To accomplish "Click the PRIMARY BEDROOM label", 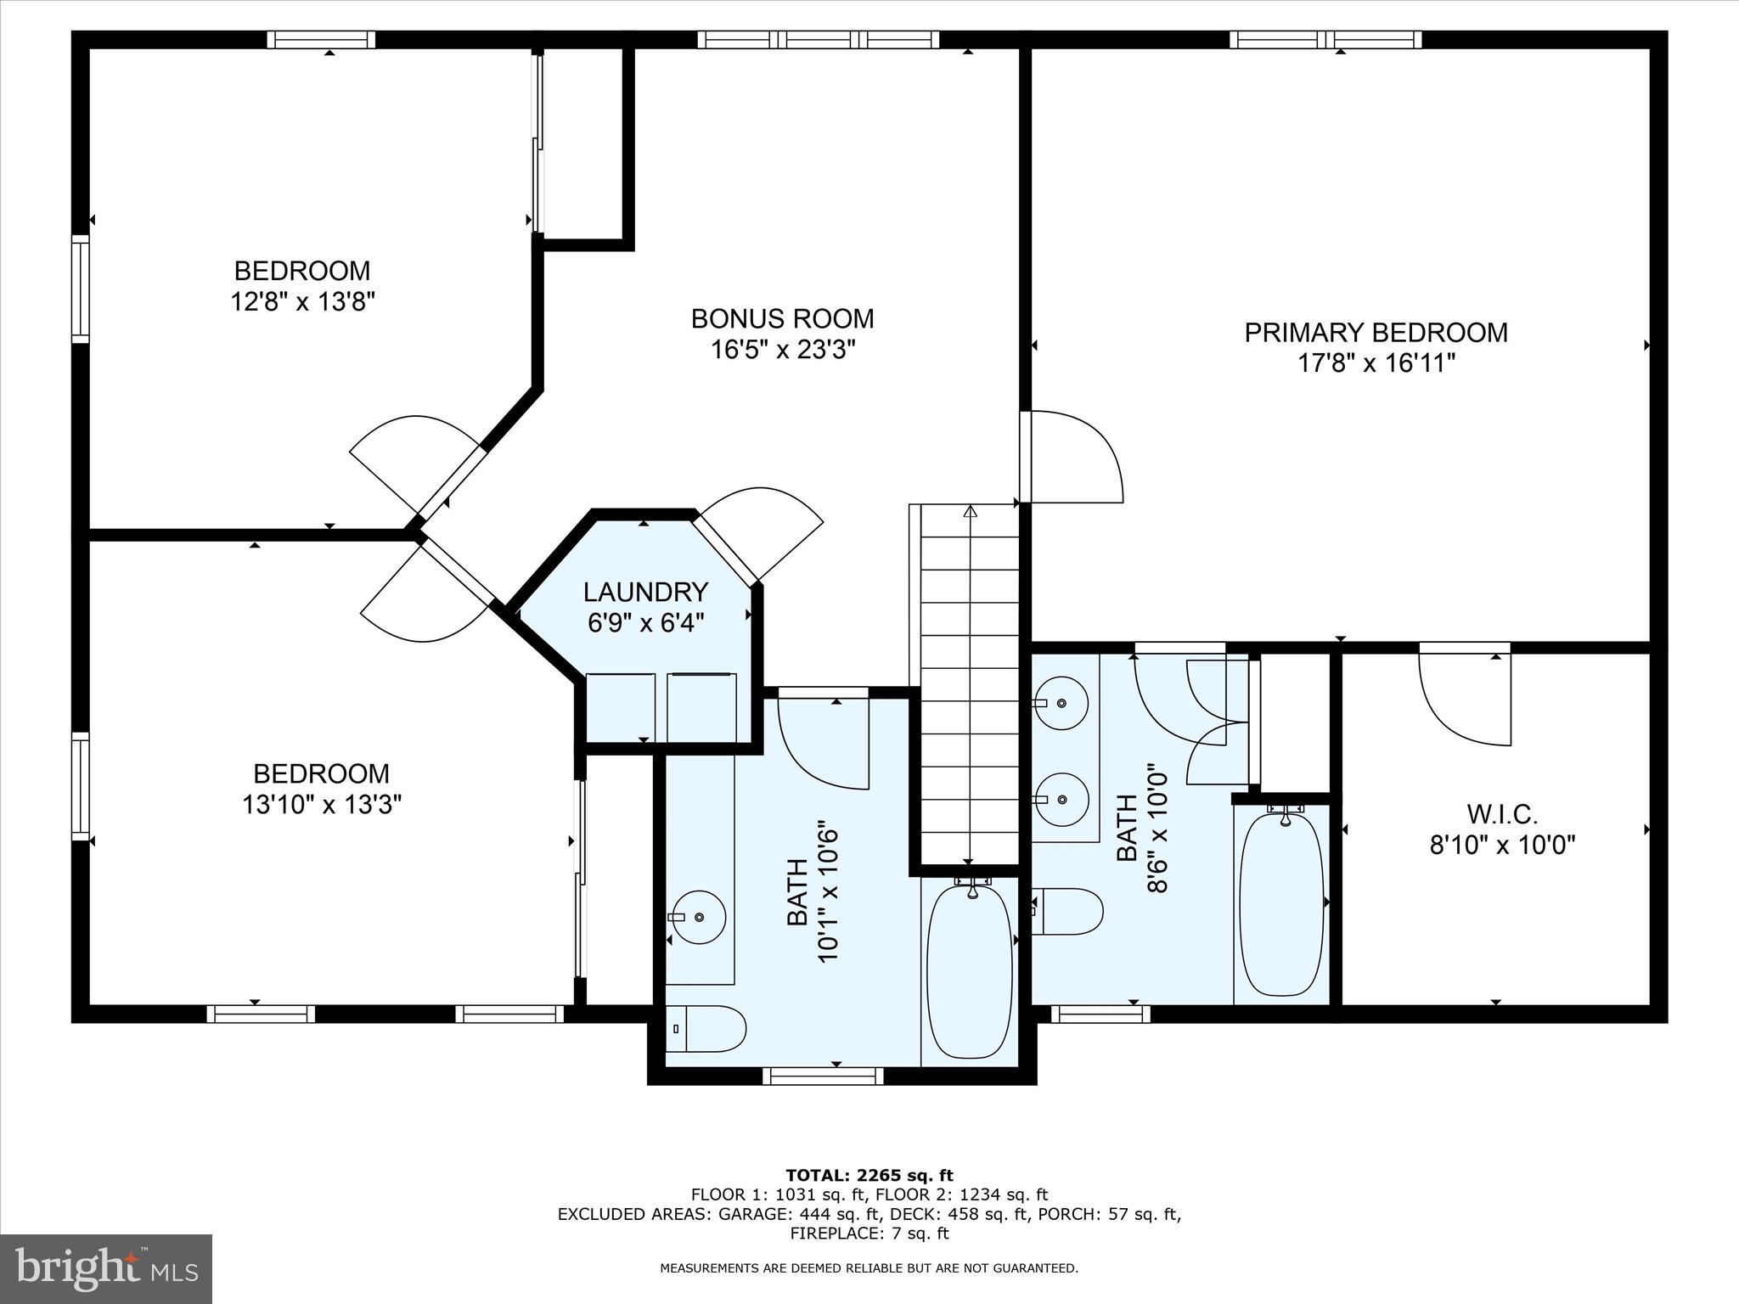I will pyautogui.click(x=1376, y=332).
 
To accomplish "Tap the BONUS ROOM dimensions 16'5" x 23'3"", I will pyautogui.click(x=782, y=350).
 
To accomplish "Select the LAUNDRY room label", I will pyautogui.click(x=645, y=592).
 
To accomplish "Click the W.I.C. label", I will pyautogui.click(x=1502, y=815).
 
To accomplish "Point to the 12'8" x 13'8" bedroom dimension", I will pyautogui.click(x=302, y=301).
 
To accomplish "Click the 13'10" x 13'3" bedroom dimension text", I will pyautogui.click(x=321, y=804).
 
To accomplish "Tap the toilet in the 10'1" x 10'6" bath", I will pyautogui.click(x=705, y=1029).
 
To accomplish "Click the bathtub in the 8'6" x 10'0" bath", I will pyautogui.click(x=1281, y=904).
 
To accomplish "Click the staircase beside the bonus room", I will pyautogui.click(x=970, y=679).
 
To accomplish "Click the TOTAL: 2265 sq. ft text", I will pyautogui.click(x=869, y=1175).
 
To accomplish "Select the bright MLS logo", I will pyautogui.click(x=105, y=1268).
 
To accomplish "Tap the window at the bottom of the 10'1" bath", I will pyautogui.click(x=823, y=1076).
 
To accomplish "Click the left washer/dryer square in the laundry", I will pyautogui.click(x=621, y=706).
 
